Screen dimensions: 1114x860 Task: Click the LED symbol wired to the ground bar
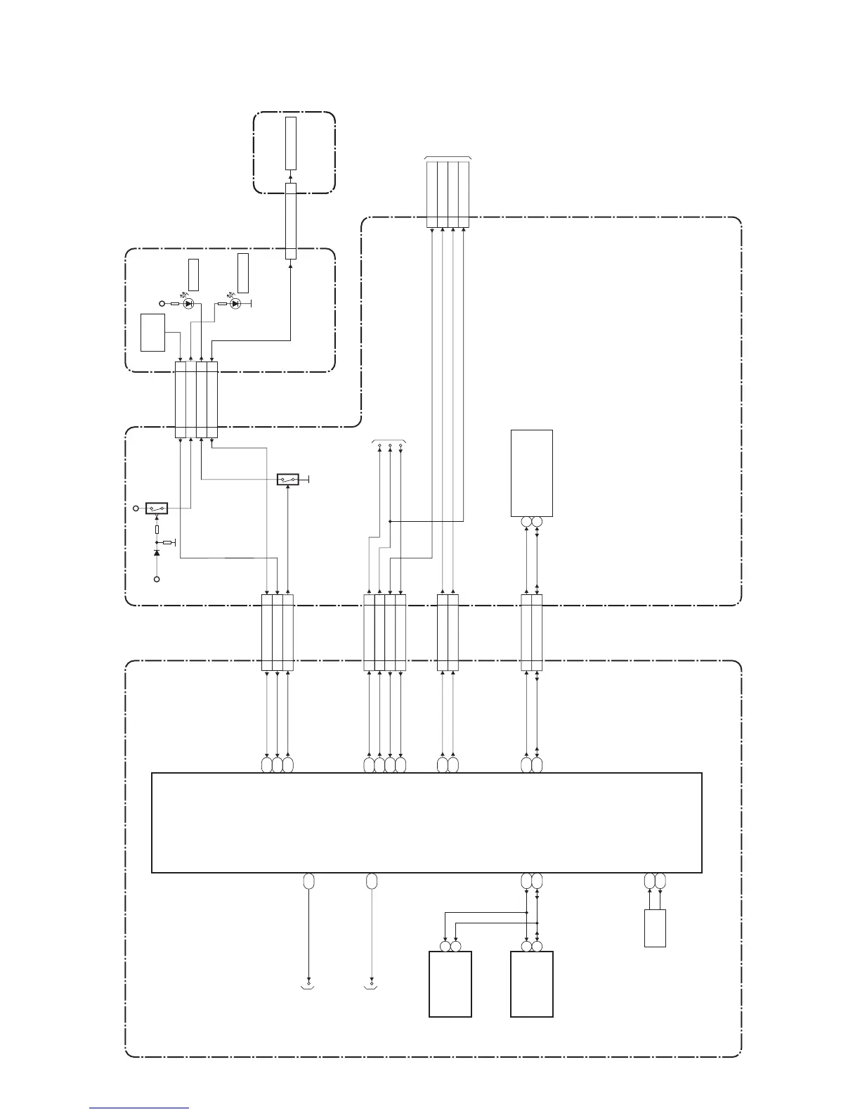(235, 304)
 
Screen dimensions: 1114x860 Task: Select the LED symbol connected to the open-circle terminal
(188, 304)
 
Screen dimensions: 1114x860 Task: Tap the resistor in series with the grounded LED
(223, 304)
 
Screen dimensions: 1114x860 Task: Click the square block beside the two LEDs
(152, 333)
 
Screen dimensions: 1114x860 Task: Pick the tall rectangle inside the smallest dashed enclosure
(291, 143)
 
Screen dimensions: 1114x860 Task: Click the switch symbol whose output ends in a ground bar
(288, 480)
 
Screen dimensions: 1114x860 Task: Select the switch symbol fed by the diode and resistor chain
(156, 508)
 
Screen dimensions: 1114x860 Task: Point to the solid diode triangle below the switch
(156, 553)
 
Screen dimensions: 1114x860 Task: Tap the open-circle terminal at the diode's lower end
(157, 579)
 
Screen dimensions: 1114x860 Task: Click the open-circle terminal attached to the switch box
(136, 508)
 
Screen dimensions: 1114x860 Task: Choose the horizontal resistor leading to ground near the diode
(167, 543)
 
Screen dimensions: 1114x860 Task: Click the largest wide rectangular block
(426, 823)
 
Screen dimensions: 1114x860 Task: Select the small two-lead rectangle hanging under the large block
(655, 928)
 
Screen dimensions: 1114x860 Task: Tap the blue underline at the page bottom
(139, 1108)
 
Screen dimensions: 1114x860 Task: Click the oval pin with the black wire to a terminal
(308, 881)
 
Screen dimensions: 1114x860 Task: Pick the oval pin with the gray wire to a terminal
(372, 881)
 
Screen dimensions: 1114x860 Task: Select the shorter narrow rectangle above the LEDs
(194, 275)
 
